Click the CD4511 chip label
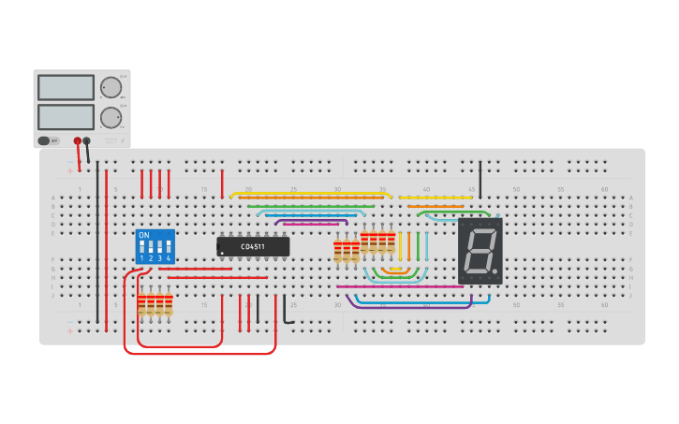253,247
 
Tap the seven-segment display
480,251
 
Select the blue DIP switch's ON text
143,235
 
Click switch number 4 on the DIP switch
169,249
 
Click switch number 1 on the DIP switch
142,249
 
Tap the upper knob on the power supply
111,88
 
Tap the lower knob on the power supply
111,117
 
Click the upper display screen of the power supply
66,87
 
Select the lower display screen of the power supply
66,117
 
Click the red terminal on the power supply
78,141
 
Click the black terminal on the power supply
87,141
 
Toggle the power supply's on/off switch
44,141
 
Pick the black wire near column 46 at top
480,178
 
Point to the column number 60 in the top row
604,190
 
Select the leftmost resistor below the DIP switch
142,304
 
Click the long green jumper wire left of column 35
309,206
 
